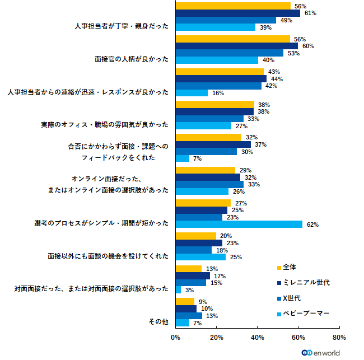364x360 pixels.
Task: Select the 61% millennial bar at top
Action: [238, 13]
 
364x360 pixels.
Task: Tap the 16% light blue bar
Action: [192, 93]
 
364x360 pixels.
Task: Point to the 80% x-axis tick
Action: [339, 338]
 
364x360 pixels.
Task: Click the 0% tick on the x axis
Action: [175, 338]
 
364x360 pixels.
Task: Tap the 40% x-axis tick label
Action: [257, 338]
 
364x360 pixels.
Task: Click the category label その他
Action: [158, 322]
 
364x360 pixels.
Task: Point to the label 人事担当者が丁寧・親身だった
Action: [121, 26]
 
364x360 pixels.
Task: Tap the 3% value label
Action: [189, 290]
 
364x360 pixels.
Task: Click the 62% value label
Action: [312, 225]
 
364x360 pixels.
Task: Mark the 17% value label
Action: [220, 276]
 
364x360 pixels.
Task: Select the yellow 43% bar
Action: [220, 72]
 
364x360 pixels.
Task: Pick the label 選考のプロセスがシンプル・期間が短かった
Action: [101, 223]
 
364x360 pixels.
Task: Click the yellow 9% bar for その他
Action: [185, 301]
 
